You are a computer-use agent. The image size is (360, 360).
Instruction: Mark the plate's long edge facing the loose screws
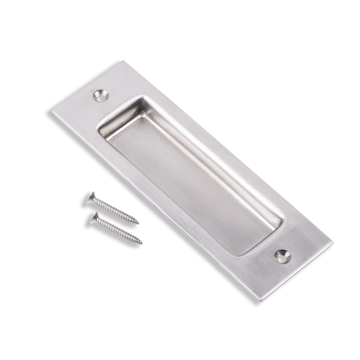(x=150, y=204)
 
